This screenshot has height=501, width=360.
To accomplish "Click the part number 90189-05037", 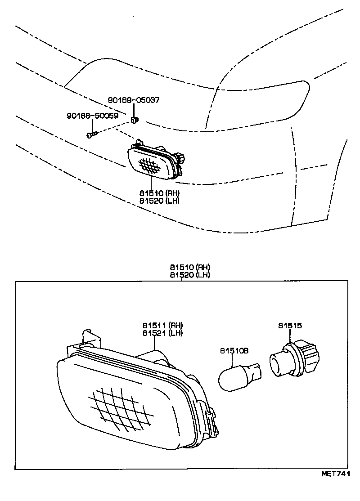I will pyautogui.click(x=133, y=100).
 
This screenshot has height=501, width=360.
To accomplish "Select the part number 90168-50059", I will pyautogui.click(x=92, y=116).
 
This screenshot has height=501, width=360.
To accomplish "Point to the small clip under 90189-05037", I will pyautogui.click(x=135, y=120).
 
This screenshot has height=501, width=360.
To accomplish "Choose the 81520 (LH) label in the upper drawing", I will pyautogui.click(x=159, y=201).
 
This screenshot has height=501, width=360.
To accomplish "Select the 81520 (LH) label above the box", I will pyautogui.click(x=189, y=275).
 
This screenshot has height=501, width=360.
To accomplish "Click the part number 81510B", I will pyautogui.click(x=234, y=350).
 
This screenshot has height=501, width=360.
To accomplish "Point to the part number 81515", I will pyautogui.click(x=289, y=326).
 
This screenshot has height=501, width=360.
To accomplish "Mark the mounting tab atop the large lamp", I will pyautogui.click(x=89, y=336).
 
